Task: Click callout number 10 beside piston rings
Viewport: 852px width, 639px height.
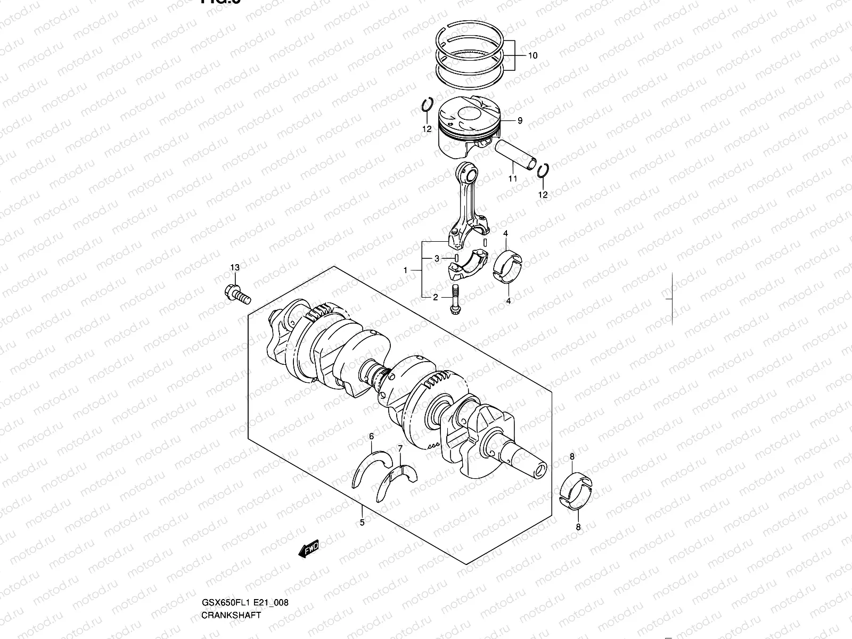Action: [x=533, y=55]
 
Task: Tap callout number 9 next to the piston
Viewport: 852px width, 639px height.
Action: [x=520, y=121]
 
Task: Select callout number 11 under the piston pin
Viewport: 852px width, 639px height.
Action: [x=512, y=179]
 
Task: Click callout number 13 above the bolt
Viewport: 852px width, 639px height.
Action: [x=235, y=267]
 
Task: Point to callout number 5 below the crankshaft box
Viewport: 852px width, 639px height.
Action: [x=362, y=522]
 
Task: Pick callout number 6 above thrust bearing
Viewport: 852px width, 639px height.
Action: [x=372, y=437]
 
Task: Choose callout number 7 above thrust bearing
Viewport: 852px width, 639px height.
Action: [x=400, y=448]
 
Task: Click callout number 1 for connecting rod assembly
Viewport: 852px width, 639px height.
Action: [x=406, y=271]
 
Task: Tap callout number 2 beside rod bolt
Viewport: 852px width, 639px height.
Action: [x=435, y=297]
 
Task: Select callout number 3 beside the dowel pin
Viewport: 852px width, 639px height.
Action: [x=437, y=258]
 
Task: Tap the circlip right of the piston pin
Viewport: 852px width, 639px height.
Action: [x=542, y=172]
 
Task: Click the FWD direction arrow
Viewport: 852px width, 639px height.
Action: [x=308, y=549]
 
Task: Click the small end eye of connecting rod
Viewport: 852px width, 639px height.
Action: [x=468, y=173]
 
